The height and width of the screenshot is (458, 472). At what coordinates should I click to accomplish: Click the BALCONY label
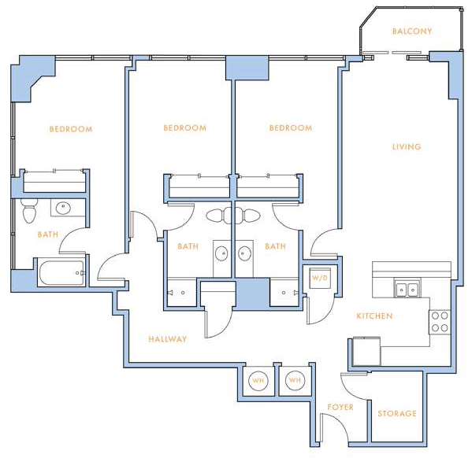tap(412, 31)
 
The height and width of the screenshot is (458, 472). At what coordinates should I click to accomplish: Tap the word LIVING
tap(407, 146)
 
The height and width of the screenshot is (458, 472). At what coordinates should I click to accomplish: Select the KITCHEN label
tap(374, 316)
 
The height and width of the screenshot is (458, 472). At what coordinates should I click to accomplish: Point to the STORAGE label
tap(397, 413)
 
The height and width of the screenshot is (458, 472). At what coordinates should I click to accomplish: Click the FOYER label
tap(340, 407)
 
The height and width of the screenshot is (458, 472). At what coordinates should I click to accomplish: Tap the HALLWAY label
tap(168, 339)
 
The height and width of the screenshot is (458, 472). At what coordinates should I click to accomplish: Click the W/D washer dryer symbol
tap(320, 278)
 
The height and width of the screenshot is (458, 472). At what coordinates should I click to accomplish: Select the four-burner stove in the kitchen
tap(440, 322)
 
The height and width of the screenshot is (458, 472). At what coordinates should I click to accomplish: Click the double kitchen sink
tap(407, 290)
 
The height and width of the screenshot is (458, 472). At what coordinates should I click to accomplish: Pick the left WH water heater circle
tap(258, 380)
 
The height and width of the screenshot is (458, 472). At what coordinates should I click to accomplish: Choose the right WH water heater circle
tap(295, 380)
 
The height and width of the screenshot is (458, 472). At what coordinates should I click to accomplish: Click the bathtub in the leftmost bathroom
tap(61, 273)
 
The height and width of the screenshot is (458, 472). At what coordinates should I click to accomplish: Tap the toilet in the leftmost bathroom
tap(29, 210)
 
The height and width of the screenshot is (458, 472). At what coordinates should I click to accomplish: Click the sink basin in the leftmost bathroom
tap(62, 208)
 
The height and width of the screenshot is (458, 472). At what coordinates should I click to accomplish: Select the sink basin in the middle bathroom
tap(221, 253)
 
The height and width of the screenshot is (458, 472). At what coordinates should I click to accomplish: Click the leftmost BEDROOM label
tap(71, 129)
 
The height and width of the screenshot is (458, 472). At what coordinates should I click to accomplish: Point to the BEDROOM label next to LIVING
tap(291, 127)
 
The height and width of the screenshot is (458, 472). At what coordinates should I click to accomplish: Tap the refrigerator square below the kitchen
tap(366, 351)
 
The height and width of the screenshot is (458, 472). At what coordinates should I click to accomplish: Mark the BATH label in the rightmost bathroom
tap(275, 246)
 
